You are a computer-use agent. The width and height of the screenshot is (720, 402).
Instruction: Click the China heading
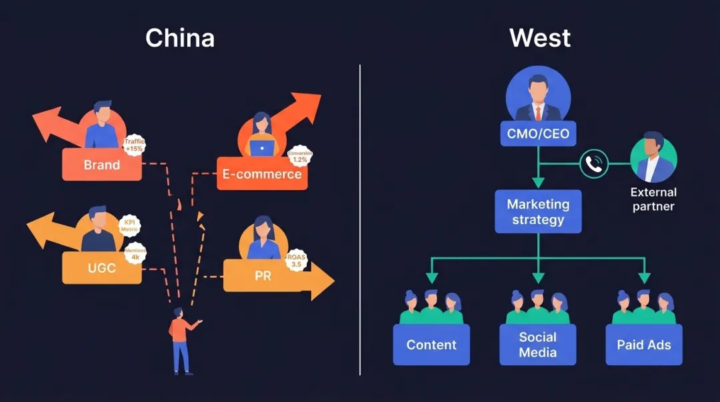click(x=180, y=38)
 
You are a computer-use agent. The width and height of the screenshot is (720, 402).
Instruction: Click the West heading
click(x=540, y=38)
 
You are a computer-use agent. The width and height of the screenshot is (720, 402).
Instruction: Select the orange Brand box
click(x=101, y=165)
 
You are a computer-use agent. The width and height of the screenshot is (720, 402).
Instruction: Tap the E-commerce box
click(x=262, y=174)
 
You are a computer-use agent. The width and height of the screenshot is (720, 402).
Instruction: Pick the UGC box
click(x=101, y=268)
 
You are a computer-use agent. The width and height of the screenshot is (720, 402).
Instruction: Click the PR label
click(x=263, y=275)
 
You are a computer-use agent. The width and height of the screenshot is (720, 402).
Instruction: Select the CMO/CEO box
click(x=538, y=133)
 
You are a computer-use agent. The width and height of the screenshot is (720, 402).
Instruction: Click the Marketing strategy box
click(x=538, y=211)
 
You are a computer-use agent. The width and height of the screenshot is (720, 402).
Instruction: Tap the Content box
click(x=431, y=345)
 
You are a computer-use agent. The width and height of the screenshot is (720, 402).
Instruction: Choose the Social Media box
click(x=538, y=345)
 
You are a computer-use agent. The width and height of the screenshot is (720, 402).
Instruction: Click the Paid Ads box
click(x=644, y=345)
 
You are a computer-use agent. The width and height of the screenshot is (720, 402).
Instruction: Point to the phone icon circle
click(x=593, y=163)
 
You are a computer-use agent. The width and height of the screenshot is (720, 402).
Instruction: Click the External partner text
click(x=653, y=199)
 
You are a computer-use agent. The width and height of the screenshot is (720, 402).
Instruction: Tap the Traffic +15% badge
click(x=135, y=145)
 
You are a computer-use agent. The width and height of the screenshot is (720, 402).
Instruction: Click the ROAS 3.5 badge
click(x=295, y=260)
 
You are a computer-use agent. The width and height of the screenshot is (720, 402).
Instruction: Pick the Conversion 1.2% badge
click(x=300, y=157)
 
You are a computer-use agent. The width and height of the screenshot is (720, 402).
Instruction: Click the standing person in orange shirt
click(x=180, y=339)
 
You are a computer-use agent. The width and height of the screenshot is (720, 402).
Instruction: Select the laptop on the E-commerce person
click(x=262, y=147)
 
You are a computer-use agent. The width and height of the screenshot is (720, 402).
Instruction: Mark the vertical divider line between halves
click(x=360, y=220)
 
